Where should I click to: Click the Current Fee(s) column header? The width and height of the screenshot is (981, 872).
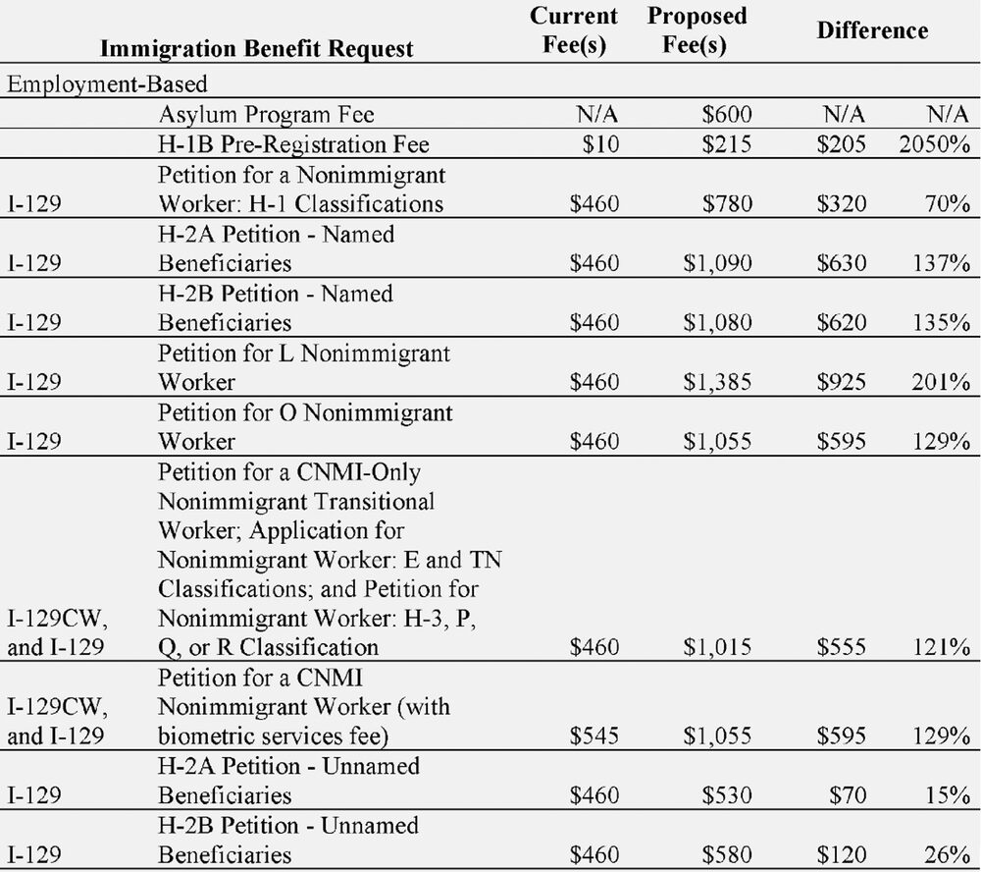point(574,31)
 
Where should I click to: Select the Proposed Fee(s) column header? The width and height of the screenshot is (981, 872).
point(697,31)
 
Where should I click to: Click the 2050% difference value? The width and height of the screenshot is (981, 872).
point(934,144)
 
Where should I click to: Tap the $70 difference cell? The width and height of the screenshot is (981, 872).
point(847,794)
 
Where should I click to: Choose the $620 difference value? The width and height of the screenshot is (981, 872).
point(841,322)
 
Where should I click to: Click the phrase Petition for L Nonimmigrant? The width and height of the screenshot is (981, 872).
point(304,353)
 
